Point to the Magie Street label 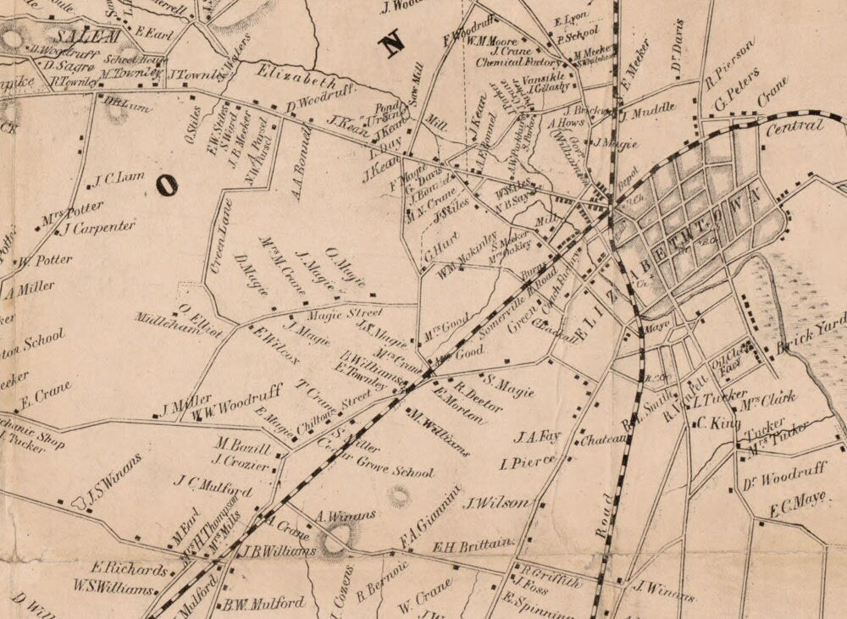[x=332, y=312]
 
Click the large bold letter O [x=167, y=185]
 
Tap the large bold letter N [x=393, y=44]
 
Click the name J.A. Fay [x=538, y=437]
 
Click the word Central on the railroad [x=794, y=127]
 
